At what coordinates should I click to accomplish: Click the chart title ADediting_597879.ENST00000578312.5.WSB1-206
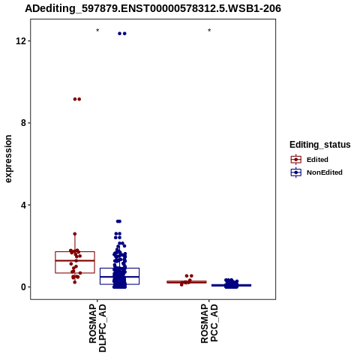tap(153, 8)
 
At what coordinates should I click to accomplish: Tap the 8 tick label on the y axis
tap(24, 123)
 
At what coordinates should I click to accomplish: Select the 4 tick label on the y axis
tap(24, 205)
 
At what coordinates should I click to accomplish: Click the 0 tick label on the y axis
tap(24, 287)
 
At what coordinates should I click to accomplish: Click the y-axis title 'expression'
tap(8, 159)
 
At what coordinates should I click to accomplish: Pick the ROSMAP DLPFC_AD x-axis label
tap(97, 328)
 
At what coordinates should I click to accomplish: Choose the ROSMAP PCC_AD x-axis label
tap(209, 323)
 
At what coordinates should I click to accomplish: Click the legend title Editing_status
tap(320, 145)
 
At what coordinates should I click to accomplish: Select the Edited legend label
tap(317, 160)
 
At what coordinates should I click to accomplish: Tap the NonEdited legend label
tap(325, 172)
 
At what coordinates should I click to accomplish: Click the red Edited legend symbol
tap(296, 160)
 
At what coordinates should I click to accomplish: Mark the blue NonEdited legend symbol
tap(296, 172)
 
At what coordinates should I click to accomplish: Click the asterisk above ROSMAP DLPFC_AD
tap(97, 31)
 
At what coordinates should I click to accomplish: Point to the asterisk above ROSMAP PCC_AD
tap(209, 31)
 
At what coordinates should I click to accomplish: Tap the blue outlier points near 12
tap(122, 34)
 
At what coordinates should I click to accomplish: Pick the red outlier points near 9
tap(77, 99)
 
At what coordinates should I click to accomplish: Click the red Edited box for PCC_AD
tap(187, 282)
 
